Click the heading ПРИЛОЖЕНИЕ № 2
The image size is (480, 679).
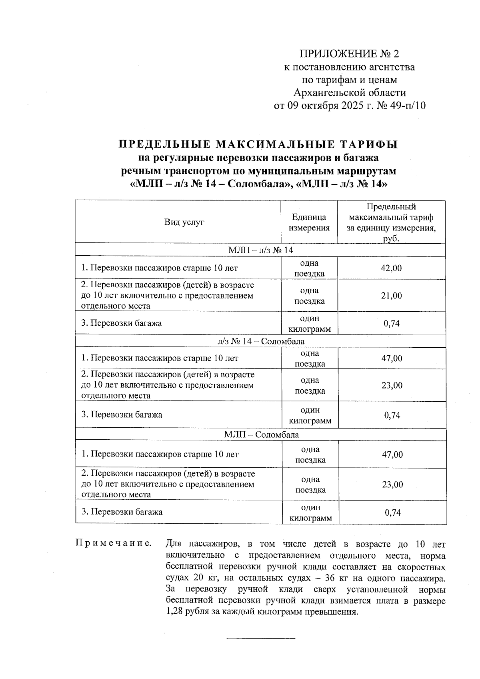point(349,54)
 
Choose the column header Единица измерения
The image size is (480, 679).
point(309,222)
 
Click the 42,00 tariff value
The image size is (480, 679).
point(391,268)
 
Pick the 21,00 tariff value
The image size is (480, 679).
point(391,296)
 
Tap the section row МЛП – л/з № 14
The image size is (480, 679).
point(260,250)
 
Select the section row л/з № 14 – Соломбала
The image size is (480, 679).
point(261,341)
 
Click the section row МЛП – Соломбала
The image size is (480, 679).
point(261,435)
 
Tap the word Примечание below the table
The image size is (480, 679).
point(114,544)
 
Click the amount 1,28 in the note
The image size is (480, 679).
point(174,612)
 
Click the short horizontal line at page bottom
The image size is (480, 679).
point(261,637)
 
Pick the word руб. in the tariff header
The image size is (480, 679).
point(391,239)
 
